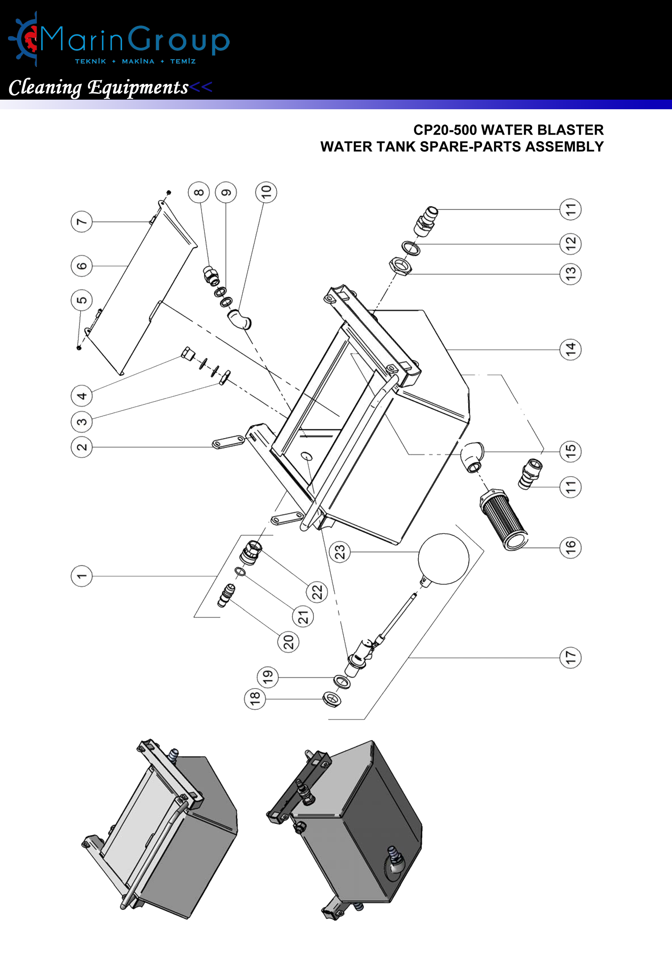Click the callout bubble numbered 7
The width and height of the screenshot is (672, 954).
(82, 222)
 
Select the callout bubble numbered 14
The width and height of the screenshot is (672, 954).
(570, 349)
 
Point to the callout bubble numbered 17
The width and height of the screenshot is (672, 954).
(570, 657)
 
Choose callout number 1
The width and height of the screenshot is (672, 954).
(82, 576)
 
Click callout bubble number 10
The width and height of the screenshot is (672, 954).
(266, 192)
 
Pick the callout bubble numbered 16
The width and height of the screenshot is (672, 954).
(570, 548)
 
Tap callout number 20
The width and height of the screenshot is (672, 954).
(288, 642)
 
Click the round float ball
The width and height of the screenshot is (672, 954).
(443, 559)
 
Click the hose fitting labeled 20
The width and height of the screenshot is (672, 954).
(226, 595)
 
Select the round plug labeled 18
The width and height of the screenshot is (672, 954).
(332, 699)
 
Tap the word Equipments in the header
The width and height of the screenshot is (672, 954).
(138, 87)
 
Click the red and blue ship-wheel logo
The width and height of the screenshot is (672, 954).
(25, 40)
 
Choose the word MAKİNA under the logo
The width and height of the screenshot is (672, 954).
(138, 62)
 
